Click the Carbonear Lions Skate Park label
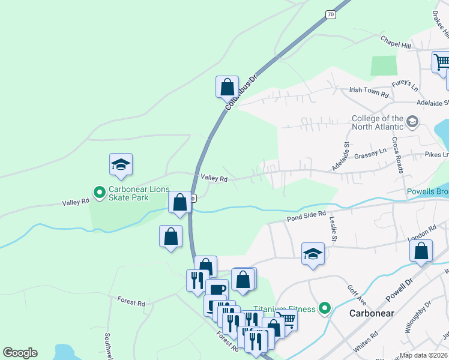pyautogui.click(x=139, y=193)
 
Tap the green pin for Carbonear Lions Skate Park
pyautogui.click(x=100, y=193)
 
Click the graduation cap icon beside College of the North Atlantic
pyautogui.click(x=412, y=122)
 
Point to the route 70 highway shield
pyautogui.click(x=331, y=14)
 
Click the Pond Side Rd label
pyautogui.click(x=306, y=214)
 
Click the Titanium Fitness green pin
pyautogui.click(x=325, y=308)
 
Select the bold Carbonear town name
pyautogui.click(x=372, y=313)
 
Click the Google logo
pyautogui.click(x=20, y=353)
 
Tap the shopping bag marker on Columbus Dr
pyautogui.click(x=228, y=87)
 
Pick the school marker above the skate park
pyautogui.click(x=121, y=165)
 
